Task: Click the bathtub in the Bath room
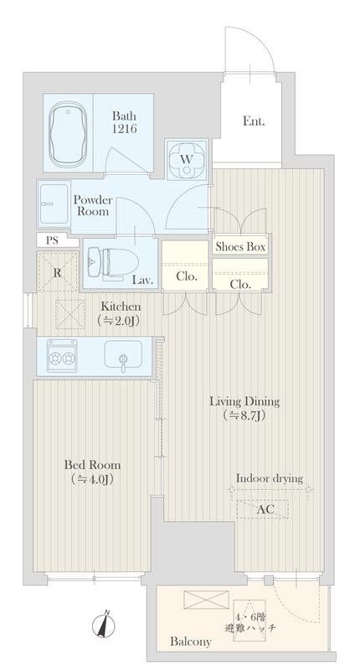click(x=66, y=133)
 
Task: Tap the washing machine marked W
click(x=187, y=160)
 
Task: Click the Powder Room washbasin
click(x=54, y=203)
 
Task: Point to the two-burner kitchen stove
click(x=62, y=355)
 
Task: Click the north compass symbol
click(x=104, y=626)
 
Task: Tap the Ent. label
click(x=254, y=121)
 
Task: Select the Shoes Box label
click(x=240, y=247)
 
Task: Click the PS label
click(x=52, y=240)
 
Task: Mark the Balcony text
click(x=190, y=642)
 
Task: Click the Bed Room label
click(x=93, y=465)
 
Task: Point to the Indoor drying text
click(x=270, y=478)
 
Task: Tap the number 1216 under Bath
click(x=125, y=128)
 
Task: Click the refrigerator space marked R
click(x=58, y=271)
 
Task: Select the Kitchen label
click(x=121, y=307)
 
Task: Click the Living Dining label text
click(x=244, y=402)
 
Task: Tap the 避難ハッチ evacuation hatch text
click(x=250, y=628)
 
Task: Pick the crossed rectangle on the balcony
click(x=206, y=600)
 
